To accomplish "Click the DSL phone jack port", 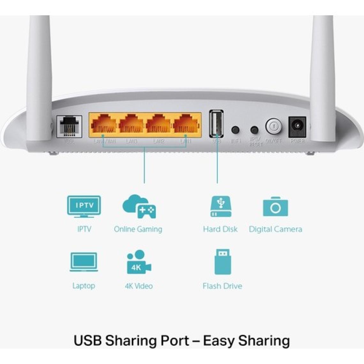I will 69,126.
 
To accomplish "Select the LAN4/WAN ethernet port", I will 104,125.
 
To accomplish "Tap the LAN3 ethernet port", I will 131,125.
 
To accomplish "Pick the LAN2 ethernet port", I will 159,125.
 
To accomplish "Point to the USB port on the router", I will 216,124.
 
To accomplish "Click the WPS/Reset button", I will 254,130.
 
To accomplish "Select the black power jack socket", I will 297,127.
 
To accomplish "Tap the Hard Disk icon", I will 221,207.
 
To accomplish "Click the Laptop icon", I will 84,262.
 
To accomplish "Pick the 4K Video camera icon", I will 139,262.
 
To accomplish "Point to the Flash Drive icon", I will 222,262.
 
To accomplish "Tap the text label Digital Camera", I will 275,229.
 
